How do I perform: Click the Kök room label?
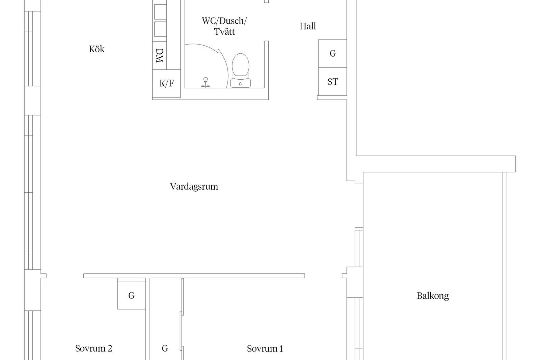pyautogui.click(x=97, y=49)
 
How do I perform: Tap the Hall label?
pyautogui.click(x=307, y=26)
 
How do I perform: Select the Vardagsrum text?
pyautogui.click(x=194, y=187)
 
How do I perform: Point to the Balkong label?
pyautogui.click(x=433, y=296)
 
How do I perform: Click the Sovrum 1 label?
pyautogui.click(x=265, y=349)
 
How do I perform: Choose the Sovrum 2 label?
pyautogui.click(x=93, y=349)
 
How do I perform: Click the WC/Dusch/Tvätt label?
pyautogui.click(x=224, y=26)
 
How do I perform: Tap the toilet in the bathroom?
pyautogui.click(x=240, y=71)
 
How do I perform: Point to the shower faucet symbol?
pyautogui.click(x=206, y=83)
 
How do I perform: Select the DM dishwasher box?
pyautogui.click(x=159, y=55)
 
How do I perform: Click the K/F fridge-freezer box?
pyautogui.click(x=166, y=84)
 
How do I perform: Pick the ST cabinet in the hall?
pyautogui.click(x=333, y=81)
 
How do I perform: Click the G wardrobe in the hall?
pyautogui.click(x=333, y=54)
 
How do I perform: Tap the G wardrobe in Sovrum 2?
pyautogui.click(x=131, y=295)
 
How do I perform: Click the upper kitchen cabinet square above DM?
pyautogui.click(x=160, y=12)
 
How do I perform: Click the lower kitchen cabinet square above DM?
pyautogui.click(x=160, y=29)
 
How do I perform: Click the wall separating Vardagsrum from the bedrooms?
pyautogui.click(x=194, y=276)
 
